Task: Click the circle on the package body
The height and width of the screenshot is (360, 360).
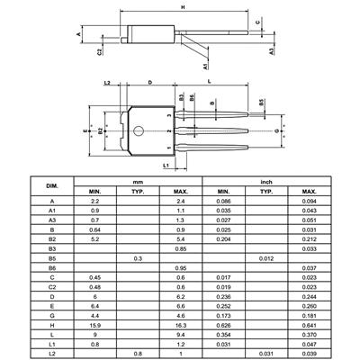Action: click(x=139, y=130)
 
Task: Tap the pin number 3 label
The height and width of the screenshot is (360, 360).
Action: click(x=169, y=115)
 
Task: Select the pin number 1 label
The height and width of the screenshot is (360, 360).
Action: click(x=169, y=148)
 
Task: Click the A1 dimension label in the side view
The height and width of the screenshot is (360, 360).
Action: click(x=205, y=67)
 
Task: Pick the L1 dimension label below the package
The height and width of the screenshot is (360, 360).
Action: click(x=166, y=166)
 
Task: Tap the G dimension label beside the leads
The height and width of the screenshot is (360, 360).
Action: click(x=276, y=131)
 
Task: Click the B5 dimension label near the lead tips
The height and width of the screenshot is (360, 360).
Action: click(x=262, y=102)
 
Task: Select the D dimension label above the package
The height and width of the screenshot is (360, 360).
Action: click(x=150, y=82)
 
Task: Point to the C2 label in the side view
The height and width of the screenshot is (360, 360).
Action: click(x=100, y=51)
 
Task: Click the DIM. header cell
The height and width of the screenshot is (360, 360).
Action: click(x=52, y=186)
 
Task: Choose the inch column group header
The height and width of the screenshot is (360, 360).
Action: click(x=266, y=182)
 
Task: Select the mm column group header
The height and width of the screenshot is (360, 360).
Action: click(x=138, y=182)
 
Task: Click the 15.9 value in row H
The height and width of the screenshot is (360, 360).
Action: click(x=95, y=325)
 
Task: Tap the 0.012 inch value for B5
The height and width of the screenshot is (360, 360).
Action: click(x=266, y=258)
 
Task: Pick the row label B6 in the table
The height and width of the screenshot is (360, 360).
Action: click(x=52, y=268)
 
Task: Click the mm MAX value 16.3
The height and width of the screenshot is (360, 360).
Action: click(x=181, y=325)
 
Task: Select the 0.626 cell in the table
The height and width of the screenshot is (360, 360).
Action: click(x=223, y=325)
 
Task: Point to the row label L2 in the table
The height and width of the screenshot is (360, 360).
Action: click(x=52, y=354)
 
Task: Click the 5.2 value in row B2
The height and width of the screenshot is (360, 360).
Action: click(x=95, y=239)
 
